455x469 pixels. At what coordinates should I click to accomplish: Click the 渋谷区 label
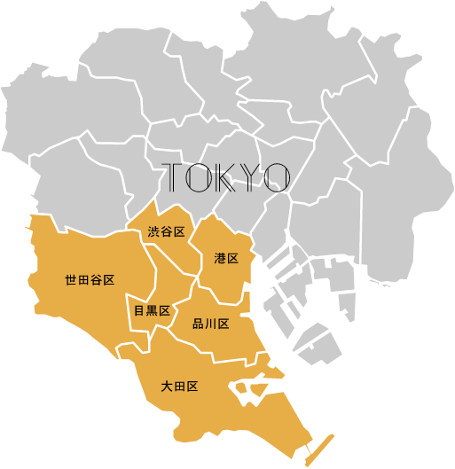(x=167, y=232)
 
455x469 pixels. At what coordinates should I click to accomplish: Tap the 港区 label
(x=226, y=259)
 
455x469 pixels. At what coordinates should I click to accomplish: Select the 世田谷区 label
(x=90, y=280)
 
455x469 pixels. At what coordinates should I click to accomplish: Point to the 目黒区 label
(x=151, y=310)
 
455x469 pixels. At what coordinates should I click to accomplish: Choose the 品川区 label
(x=211, y=324)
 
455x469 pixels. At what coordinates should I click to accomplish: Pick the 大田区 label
(x=179, y=387)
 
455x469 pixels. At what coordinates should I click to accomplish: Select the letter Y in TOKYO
(x=249, y=177)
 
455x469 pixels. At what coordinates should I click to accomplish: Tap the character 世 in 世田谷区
(x=71, y=280)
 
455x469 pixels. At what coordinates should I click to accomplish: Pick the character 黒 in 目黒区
(x=152, y=310)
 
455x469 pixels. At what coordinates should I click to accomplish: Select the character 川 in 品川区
(x=211, y=324)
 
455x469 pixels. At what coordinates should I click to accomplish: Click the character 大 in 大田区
(x=167, y=387)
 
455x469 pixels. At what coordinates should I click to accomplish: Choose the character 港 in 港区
(x=220, y=259)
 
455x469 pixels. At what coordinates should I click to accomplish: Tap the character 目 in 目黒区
(x=139, y=310)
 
